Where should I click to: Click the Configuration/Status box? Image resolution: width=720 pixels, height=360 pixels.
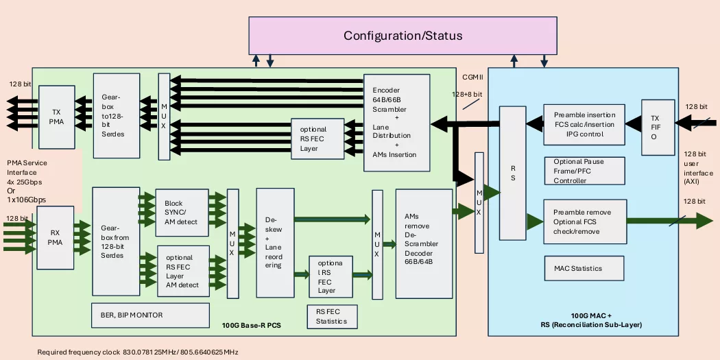click(403, 36)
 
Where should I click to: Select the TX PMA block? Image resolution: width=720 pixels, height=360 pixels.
click(56, 117)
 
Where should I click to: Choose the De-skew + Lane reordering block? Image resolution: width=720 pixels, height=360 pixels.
click(274, 243)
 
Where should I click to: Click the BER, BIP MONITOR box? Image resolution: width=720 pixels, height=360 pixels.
click(150, 315)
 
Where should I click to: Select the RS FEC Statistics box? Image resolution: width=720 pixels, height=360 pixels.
click(332, 316)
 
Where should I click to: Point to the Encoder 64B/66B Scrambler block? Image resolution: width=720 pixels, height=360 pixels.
click(396, 122)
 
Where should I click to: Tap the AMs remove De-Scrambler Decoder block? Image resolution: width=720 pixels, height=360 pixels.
click(424, 243)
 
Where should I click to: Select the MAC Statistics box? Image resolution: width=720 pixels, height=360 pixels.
click(584, 268)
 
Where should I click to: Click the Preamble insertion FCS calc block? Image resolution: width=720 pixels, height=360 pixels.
click(584, 124)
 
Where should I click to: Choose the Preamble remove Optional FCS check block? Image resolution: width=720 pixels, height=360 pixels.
click(584, 221)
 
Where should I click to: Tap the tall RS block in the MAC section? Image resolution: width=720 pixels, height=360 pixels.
click(512, 173)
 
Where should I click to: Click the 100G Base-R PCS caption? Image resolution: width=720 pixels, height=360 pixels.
click(252, 324)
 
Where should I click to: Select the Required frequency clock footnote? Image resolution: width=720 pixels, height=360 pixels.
click(137, 351)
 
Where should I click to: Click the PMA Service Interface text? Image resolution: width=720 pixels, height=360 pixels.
click(31, 180)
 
